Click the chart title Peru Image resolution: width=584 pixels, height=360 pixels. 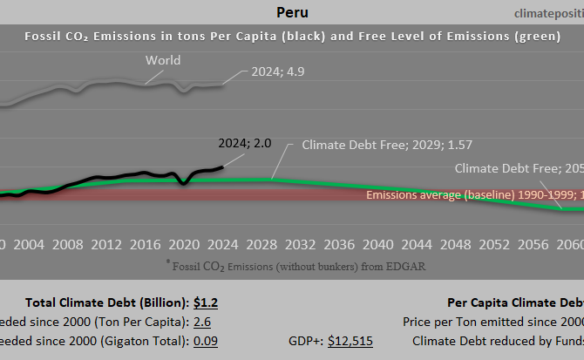coord(291,12)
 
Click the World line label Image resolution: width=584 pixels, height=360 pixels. coord(163,60)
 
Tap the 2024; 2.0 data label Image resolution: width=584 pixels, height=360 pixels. coord(245,144)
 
